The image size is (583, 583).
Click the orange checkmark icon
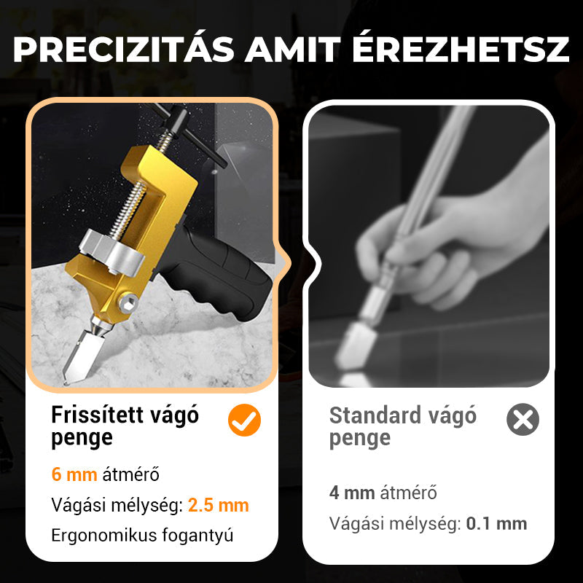[x=244, y=420]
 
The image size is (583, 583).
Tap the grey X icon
[x=523, y=420]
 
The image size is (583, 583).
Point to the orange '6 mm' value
[x=74, y=475]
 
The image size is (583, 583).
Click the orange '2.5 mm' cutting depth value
[x=219, y=505]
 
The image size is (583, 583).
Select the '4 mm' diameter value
[x=352, y=493]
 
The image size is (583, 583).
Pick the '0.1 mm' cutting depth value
[x=496, y=523]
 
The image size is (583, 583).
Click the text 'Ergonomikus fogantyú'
[x=142, y=535]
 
